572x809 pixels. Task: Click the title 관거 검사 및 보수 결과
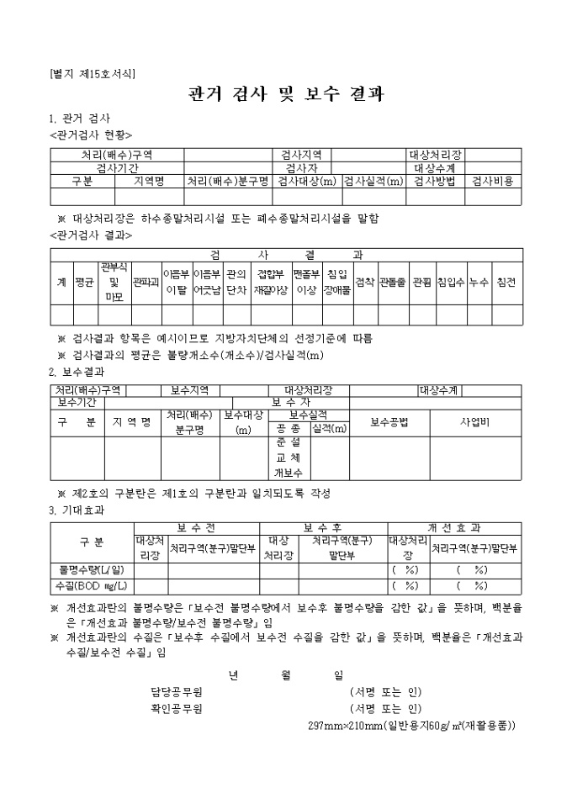[x=286, y=93]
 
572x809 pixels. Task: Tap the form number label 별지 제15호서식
[x=93, y=73]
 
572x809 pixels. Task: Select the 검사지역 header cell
[x=302, y=155]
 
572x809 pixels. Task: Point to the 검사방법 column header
[x=435, y=180]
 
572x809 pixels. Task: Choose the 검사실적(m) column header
[x=373, y=180]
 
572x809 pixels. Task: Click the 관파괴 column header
[x=146, y=283]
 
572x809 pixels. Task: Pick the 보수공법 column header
[x=389, y=421]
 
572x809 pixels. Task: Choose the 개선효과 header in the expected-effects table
[x=454, y=527]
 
